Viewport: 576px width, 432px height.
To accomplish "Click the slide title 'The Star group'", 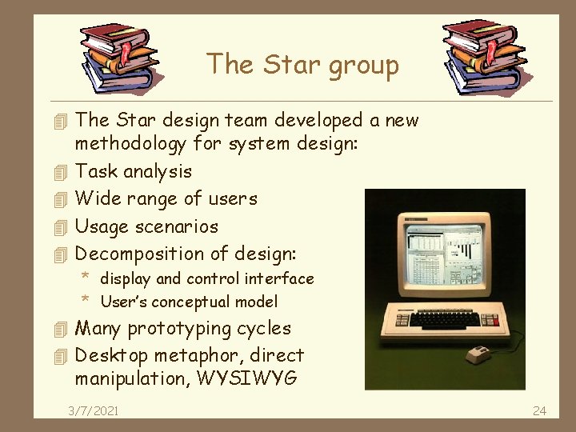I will pyautogui.click(x=302, y=64).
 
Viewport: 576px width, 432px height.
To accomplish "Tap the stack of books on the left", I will pyautogui.click(x=121, y=57).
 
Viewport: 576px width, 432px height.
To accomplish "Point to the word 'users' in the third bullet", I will pyautogui.click(x=232, y=198).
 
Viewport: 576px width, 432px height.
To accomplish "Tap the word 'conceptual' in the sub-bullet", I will pyautogui.click(x=202, y=302).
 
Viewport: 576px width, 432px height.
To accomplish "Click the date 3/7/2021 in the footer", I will pyautogui.click(x=94, y=410).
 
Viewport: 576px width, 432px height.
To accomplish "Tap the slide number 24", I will pyautogui.click(x=539, y=410).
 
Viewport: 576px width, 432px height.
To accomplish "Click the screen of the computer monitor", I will pyautogui.click(x=439, y=257).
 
